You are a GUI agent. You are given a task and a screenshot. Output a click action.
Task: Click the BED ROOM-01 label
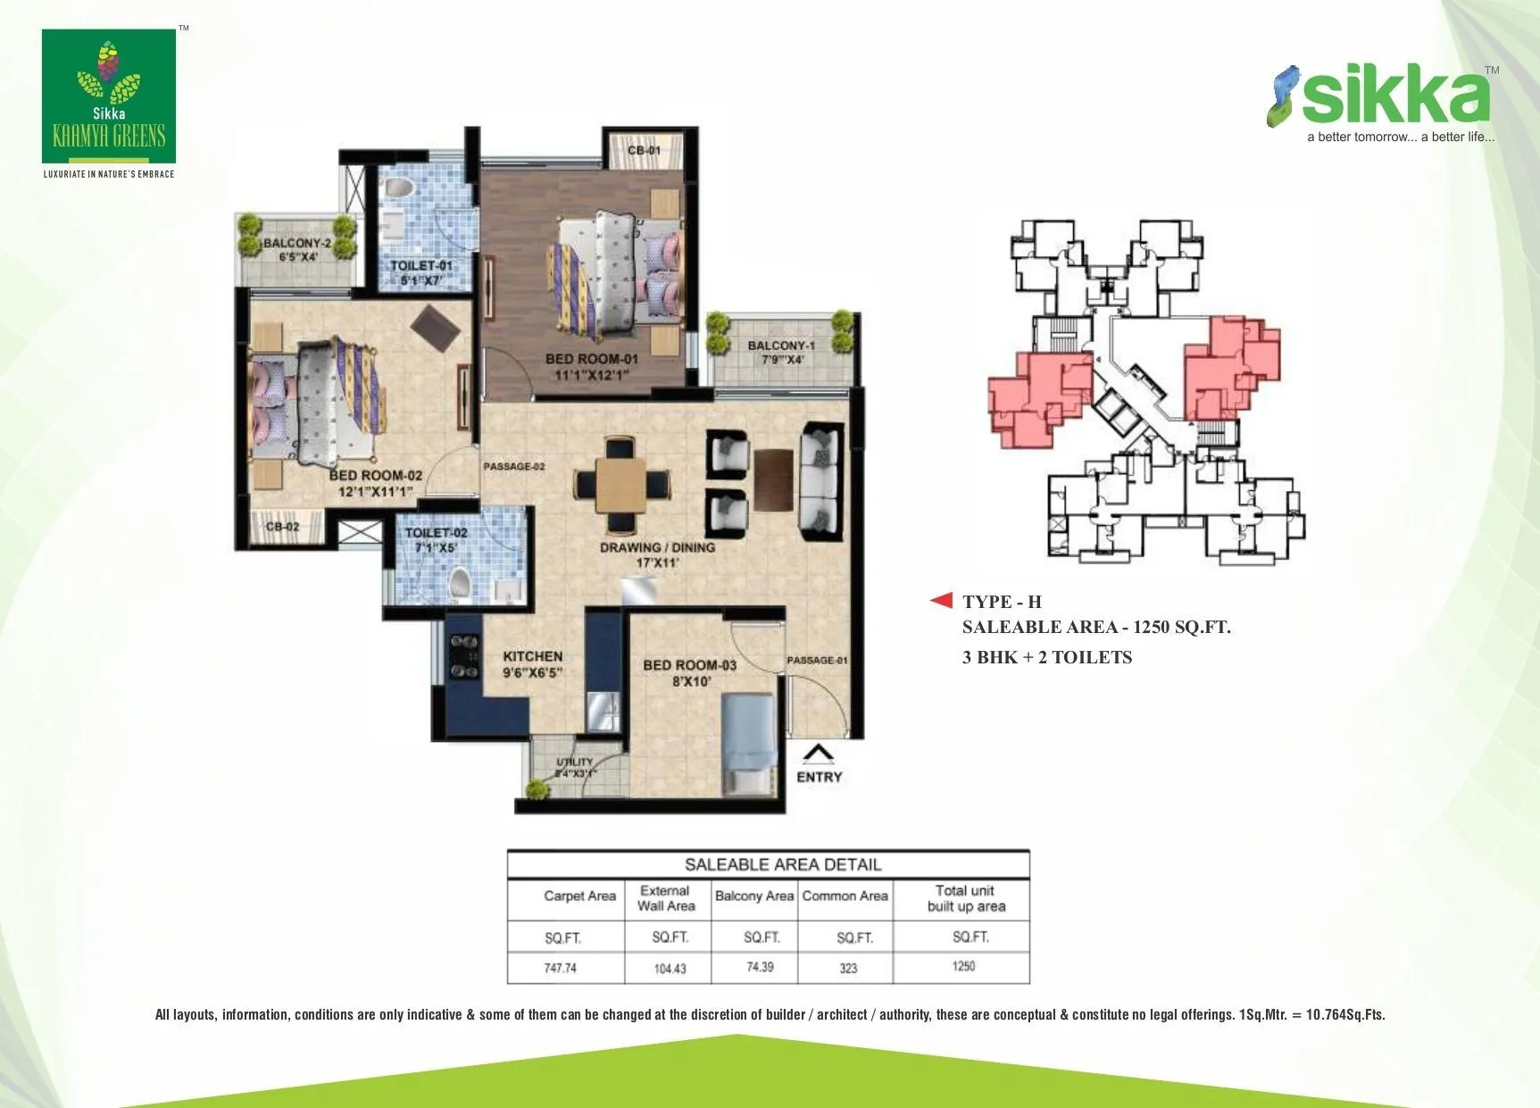[591, 360]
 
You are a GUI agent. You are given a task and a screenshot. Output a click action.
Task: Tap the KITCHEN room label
[532, 656]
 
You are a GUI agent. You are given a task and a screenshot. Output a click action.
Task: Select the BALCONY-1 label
[781, 346]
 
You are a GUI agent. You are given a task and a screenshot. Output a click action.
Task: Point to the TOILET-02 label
[436, 533]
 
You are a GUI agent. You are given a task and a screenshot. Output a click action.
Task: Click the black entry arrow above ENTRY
[818, 755]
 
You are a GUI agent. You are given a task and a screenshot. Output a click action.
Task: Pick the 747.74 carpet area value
[561, 968]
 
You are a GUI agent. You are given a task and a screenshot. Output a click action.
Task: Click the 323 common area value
[848, 968]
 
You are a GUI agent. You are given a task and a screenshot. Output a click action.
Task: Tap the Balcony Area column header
[754, 896]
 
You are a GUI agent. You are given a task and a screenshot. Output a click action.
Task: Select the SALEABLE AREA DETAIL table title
[782, 864]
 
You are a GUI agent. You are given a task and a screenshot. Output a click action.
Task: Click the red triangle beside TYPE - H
[941, 600]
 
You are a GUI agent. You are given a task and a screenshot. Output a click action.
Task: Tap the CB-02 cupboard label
[282, 527]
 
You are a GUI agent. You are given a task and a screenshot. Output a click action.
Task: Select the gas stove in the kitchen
[462, 656]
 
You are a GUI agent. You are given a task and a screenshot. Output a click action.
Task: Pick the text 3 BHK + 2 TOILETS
[1046, 657]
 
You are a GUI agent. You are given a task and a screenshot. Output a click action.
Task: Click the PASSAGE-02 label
[513, 466]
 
